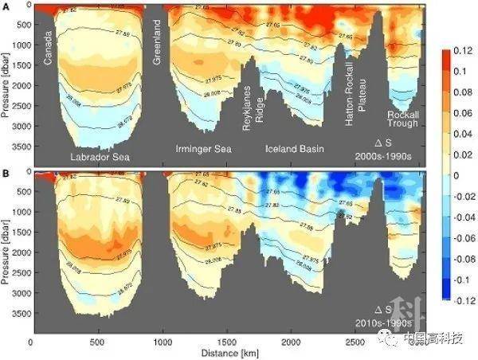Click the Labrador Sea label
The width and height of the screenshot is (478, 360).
100,156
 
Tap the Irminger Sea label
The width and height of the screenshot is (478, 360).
204,149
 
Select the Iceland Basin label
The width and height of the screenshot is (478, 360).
294,148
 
